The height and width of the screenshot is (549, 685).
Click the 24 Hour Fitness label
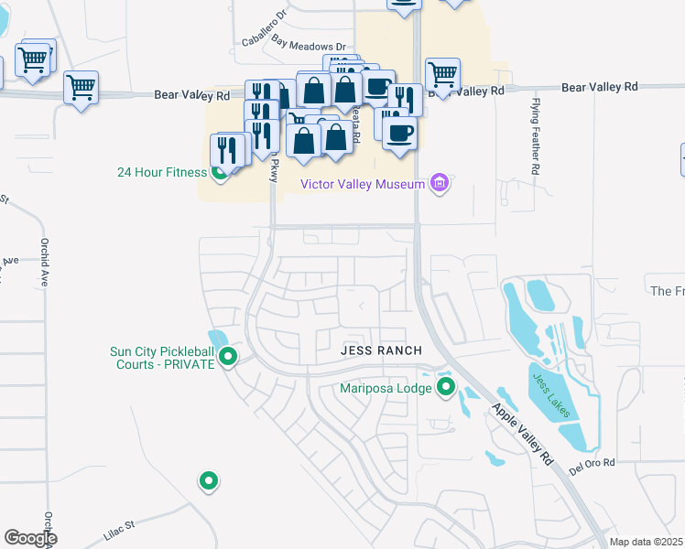161,171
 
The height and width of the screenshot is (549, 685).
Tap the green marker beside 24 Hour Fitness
220,171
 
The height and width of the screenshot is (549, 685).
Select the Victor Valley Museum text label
363,184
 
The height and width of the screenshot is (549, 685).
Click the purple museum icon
440,184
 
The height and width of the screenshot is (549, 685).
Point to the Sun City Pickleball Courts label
161,358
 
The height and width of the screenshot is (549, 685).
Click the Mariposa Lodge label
385,387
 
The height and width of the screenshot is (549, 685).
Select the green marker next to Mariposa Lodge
446,386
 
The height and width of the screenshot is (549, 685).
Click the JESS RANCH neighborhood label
381,350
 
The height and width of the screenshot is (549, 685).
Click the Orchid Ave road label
43,263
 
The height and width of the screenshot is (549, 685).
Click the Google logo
30,538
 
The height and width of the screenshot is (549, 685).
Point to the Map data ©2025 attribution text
647,542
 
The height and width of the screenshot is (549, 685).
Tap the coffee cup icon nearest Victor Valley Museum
399,134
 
